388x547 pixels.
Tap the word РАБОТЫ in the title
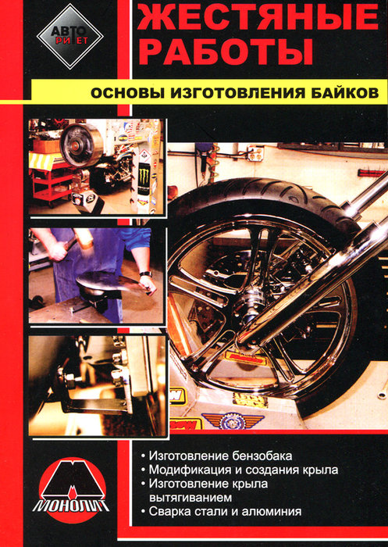click(x=225, y=52)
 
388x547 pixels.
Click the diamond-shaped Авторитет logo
click(x=69, y=36)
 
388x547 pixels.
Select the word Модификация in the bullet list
click(x=190, y=470)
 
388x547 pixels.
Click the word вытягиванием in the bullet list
click(x=190, y=498)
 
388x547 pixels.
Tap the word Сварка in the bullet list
click(x=167, y=511)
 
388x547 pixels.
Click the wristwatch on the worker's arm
click(x=145, y=273)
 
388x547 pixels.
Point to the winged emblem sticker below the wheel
click(x=232, y=420)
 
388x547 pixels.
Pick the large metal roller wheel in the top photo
click(x=81, y=145)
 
